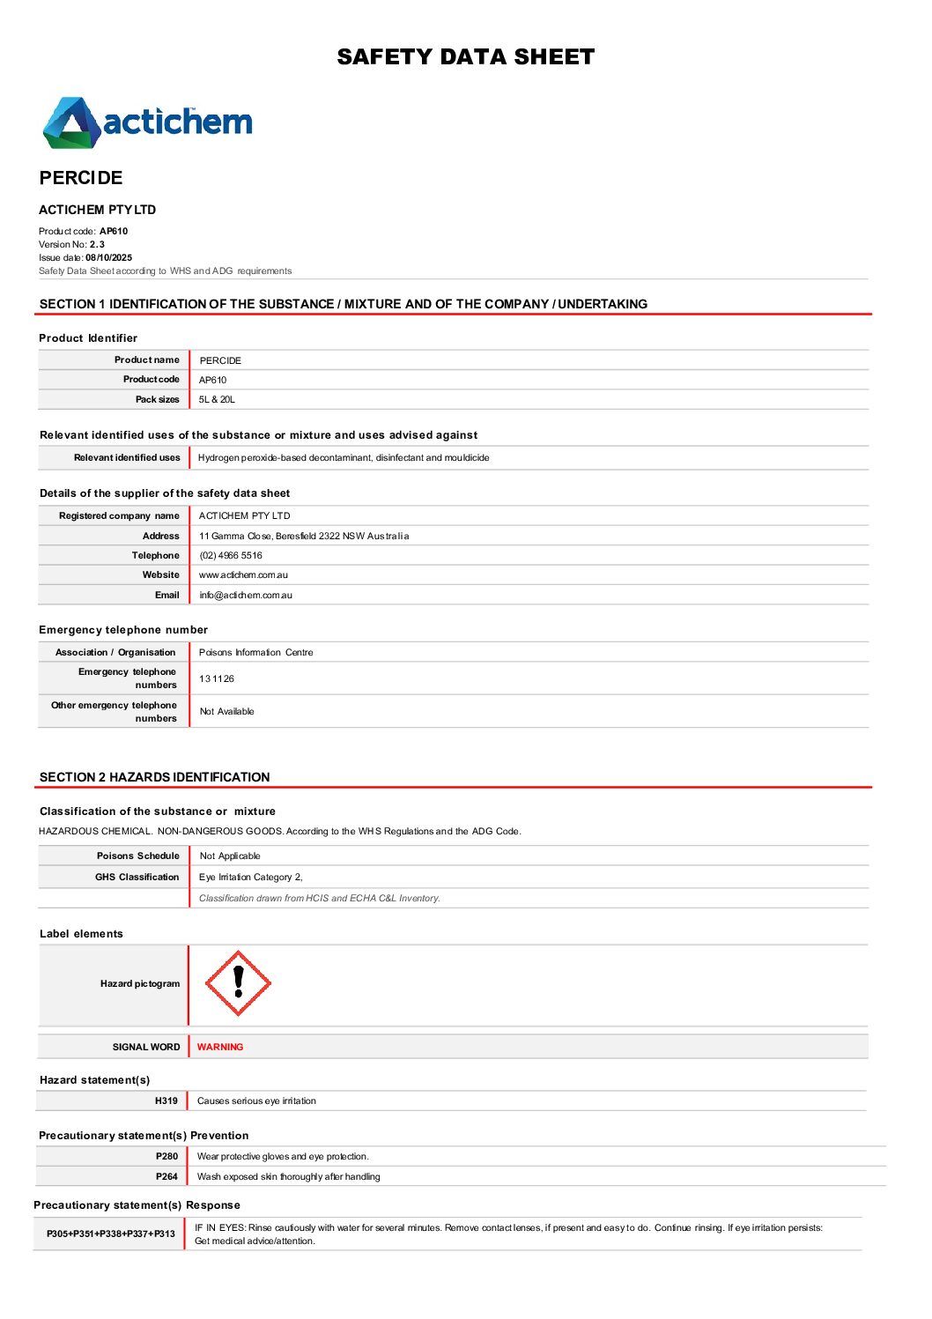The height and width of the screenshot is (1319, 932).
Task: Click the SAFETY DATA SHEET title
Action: tap(465, 57)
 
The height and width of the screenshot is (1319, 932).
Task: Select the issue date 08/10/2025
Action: tap(108, 258)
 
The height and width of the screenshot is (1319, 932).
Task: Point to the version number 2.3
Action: tap(97, 245)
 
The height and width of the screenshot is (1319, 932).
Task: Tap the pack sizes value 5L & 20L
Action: tap(217, 400)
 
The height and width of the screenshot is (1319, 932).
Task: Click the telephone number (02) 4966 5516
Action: tap(231, 556)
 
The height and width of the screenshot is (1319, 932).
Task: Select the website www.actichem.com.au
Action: tap(243, 575)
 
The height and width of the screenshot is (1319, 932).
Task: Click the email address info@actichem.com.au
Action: tap(246, 596)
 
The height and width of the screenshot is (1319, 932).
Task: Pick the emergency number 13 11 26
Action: tap(217, 679)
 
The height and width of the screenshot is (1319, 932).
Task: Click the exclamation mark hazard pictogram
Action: tap(238, 983)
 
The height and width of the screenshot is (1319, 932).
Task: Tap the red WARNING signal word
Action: tap(220, 1048)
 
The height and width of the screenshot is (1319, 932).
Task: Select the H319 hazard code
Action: tap(166, 1101)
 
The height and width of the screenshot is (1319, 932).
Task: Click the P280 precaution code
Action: tap(166, 1157)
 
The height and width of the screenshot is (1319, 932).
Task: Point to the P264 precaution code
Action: tap(166, 1177)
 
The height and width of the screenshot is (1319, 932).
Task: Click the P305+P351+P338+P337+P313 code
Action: tap(111, 1234)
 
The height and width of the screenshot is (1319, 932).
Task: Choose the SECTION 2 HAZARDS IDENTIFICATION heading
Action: tap(155, 777)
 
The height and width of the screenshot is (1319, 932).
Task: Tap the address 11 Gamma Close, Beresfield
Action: tap(304, 537)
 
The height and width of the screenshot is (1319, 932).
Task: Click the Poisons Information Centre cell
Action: tap(256, 653)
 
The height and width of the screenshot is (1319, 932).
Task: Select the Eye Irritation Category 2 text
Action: tap(251, 878)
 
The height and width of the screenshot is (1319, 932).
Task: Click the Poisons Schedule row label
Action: tap(138, 856)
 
